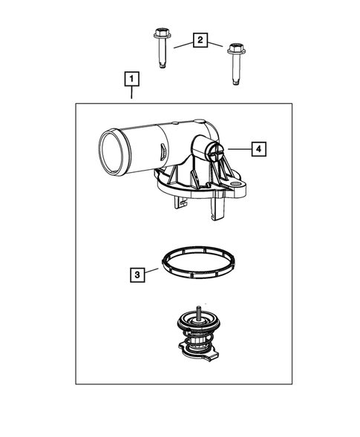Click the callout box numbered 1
point(131,78)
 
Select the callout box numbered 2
point(199,40)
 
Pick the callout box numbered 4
point(258,149)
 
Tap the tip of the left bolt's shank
point(162,65)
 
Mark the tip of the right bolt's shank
point(235,82)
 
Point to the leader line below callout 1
point(131,94)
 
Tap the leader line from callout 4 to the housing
point(238,149)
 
